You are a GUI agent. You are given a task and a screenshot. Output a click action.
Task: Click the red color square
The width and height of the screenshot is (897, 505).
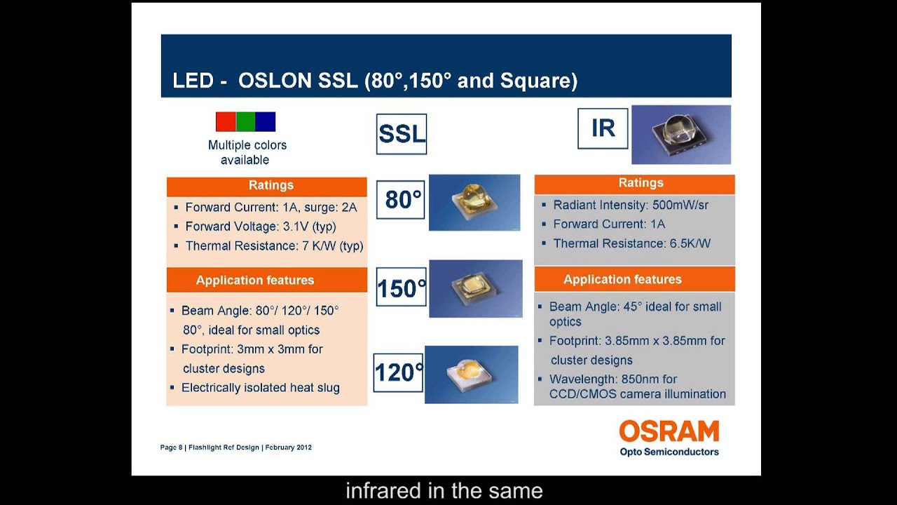[226, 122]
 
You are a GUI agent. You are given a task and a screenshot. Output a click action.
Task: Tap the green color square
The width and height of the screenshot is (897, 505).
[245, 122]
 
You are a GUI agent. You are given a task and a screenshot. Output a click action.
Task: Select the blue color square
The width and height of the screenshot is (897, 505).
[266, 122]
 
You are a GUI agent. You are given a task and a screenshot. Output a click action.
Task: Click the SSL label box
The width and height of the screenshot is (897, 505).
[402, 134]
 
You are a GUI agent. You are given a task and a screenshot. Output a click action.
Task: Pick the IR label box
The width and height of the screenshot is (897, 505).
[603, 128]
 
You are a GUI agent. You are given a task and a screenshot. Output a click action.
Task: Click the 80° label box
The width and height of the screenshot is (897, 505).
[401, 200]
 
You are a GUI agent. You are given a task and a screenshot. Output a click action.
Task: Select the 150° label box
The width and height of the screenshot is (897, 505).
[401, 287]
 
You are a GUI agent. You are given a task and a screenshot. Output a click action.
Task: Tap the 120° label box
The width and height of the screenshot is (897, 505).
[398, 372]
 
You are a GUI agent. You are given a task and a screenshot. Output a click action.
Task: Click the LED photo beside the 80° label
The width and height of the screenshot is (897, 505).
[474, 202]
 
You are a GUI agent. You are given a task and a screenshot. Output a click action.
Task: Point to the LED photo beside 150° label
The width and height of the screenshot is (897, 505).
[476, 288]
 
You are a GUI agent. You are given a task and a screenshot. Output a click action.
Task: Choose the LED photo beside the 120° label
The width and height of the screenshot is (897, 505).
[472, 375]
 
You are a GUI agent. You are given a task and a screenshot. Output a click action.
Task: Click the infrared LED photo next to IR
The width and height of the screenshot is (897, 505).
[681, 135]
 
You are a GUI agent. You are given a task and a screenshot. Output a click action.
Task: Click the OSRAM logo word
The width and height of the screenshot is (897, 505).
[669, 431]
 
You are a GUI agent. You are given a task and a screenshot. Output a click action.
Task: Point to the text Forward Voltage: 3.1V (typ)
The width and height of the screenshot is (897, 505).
[260, 227]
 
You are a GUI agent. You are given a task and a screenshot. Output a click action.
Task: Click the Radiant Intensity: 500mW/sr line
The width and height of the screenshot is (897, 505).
[631, 205]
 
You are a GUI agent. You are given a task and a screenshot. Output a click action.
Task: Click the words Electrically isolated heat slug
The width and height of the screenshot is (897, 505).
[260, 388]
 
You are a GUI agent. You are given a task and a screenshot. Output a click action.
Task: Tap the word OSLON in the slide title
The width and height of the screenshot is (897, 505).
[275, 81]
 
